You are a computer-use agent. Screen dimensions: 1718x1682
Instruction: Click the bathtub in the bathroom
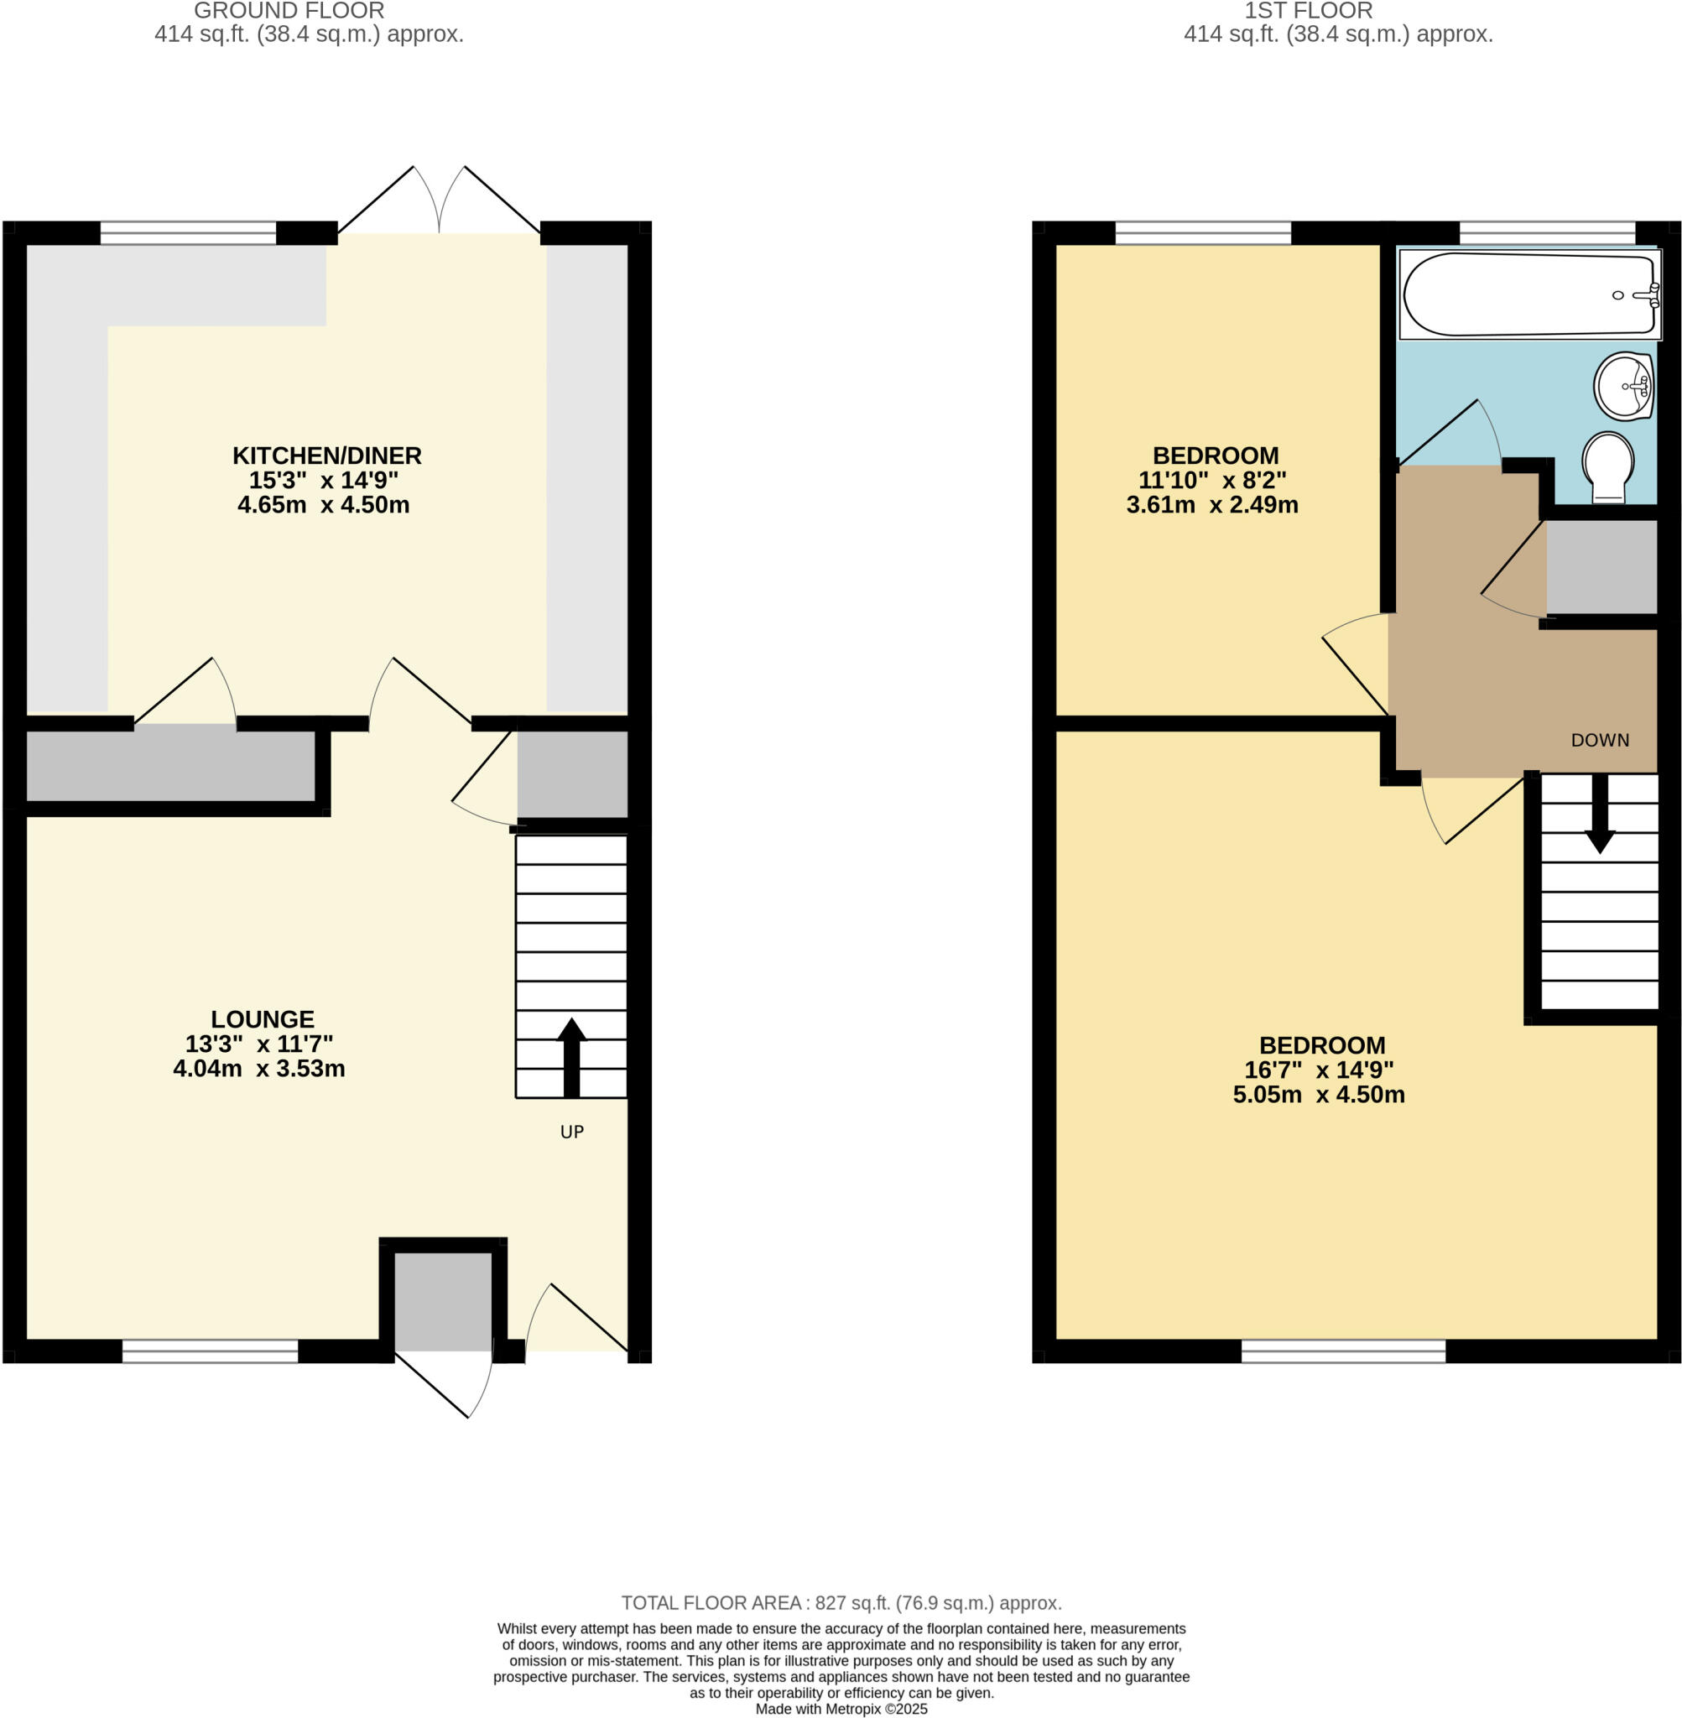1528,295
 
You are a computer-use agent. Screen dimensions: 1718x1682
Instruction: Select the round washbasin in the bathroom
1623,386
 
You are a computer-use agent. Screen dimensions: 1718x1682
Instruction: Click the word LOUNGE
263,1018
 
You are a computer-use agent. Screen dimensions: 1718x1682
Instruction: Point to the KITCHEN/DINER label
327,456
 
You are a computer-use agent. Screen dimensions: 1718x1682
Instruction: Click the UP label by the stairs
571,1132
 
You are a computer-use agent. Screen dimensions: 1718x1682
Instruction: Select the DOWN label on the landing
1600,740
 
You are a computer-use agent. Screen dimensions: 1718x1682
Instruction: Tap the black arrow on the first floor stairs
1600,814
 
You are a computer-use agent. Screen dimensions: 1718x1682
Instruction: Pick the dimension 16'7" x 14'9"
1319,1070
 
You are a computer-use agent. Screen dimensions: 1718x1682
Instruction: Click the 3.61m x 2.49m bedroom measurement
1212,505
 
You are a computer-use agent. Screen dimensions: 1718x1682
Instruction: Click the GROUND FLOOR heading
289,12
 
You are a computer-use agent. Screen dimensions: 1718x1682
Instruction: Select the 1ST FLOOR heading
1309,12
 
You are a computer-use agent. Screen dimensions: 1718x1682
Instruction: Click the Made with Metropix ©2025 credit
841,1708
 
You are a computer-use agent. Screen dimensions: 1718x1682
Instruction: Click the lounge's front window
211,1351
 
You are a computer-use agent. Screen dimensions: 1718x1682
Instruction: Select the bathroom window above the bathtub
1547,232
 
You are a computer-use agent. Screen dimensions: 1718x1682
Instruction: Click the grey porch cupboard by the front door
443,1300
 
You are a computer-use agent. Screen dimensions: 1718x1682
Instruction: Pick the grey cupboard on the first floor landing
1601,566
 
